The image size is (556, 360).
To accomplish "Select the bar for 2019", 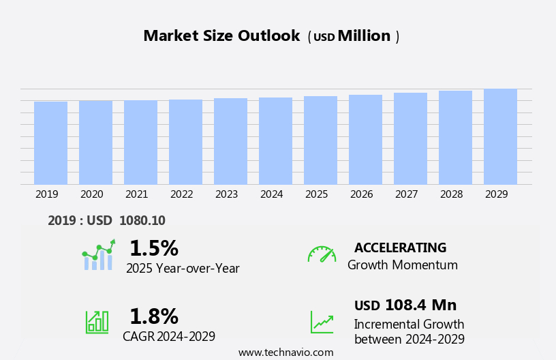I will tap(50, 143).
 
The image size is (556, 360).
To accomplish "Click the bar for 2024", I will tap(275, 141).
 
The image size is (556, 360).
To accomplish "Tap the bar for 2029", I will tap(500, 136).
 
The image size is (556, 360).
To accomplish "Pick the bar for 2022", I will tap(185, 142).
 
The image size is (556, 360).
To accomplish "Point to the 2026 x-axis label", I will tap(361, 194).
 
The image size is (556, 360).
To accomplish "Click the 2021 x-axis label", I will tap(136, 194).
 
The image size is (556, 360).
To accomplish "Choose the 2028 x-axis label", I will tap(451, 194).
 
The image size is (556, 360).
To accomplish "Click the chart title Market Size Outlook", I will tap(221, 36).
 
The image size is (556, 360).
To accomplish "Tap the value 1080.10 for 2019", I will tap(142, 221).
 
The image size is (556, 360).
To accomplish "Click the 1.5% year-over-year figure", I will tap(153, 248).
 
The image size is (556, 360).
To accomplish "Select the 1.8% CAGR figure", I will tap(153, 316).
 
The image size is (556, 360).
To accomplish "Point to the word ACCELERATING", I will tap(400, 248).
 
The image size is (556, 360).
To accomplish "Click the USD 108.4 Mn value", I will tap(405, 305).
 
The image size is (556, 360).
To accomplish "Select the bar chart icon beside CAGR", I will tap(97, 321).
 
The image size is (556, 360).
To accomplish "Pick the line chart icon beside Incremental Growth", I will tap(322, 322).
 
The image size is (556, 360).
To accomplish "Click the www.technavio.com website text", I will tap(285, 352).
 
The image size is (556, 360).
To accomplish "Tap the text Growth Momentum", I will tap(402, 265).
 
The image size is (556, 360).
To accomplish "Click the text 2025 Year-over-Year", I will tap(183, 269).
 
